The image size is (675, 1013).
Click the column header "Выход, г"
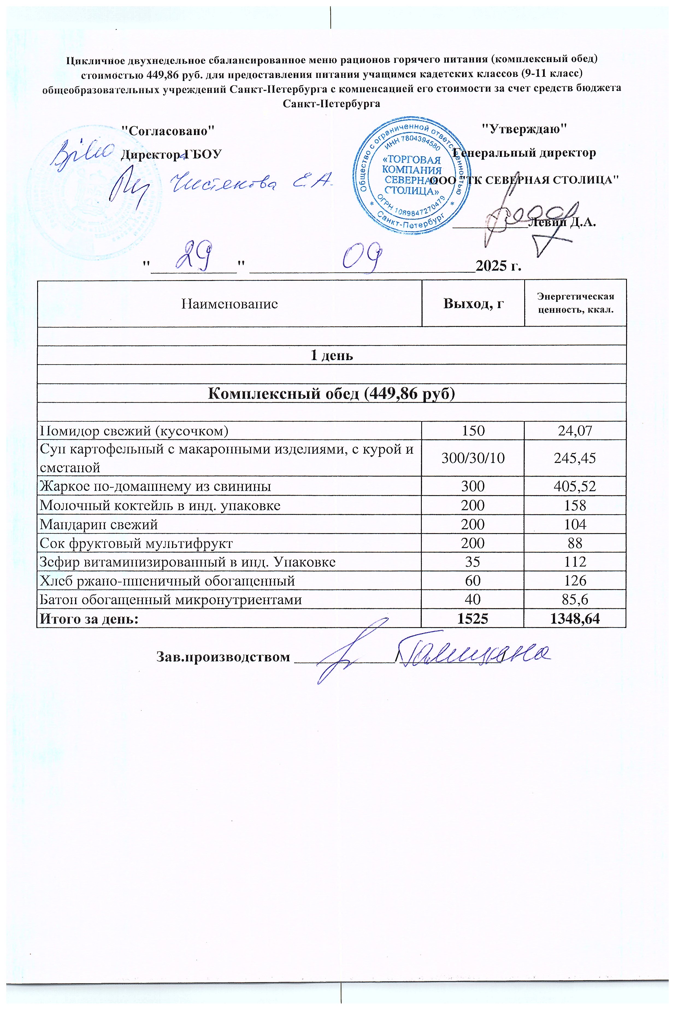(x=473, y=304)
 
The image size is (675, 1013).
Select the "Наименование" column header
(x=229, y=304)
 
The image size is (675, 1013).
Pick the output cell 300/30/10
(x=473, y=458)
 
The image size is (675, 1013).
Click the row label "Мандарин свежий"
(x=99, y=524)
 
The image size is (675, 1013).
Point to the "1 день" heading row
(x=331, y=355)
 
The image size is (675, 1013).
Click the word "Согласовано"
(x=168, y=130)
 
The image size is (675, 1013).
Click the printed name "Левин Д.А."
(x=562, y=223)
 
